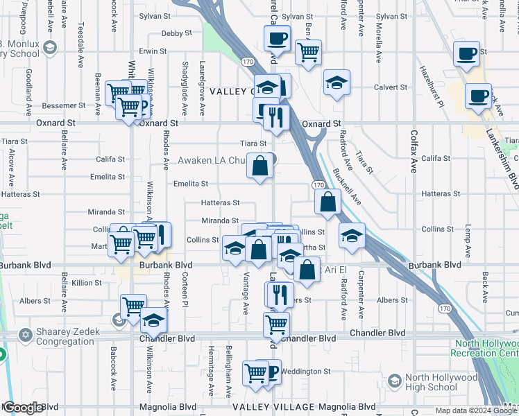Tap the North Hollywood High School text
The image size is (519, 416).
[441, 383]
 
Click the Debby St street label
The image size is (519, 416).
[176, 33]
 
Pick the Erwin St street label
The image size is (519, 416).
[153, 51]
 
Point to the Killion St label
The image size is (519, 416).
[87, 283]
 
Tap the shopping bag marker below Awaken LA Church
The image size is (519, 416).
[259, 166]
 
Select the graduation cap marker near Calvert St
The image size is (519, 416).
[337, 83]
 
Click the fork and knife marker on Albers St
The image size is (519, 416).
[280, 294]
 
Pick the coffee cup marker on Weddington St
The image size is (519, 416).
[269, 372]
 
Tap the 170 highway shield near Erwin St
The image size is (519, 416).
[248, 62]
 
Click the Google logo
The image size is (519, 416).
[23, 408]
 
